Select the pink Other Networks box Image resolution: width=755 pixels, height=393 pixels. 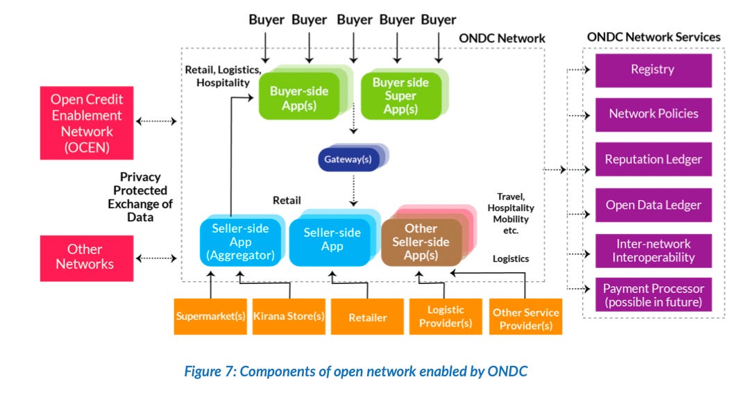[x=86, y=258]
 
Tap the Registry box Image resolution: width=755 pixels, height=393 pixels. [x=652, y=70]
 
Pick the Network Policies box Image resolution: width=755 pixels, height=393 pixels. [x=652, y=114]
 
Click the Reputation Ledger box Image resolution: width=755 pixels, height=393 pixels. [x=652, y=159]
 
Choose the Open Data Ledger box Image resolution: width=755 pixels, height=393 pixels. [x=652, y=205]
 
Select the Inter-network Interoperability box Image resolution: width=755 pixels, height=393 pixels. [x=652, y=251]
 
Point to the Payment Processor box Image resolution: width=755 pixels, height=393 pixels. [x=652, y=296]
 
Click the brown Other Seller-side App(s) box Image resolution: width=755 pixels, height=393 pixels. [x=421, y=242]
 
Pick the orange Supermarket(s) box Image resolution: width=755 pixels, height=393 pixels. [x=210, y=317]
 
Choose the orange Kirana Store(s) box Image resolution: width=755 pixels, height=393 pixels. [x=288, y=317]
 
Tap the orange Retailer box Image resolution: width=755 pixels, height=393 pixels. [x=368, y=317]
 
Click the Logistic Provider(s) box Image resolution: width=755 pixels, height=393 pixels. [x=446, y=317]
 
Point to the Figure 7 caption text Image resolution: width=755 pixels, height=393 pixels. [x=355, y=371]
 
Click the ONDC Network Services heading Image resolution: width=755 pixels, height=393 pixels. [x=653, y=37]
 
